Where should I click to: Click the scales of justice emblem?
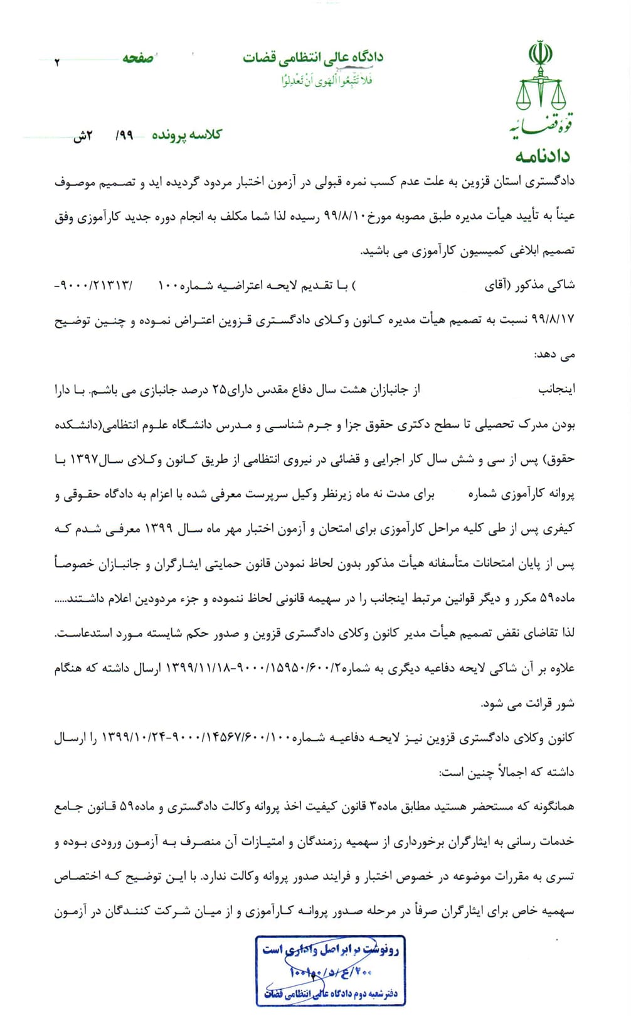click(x=540, y=88)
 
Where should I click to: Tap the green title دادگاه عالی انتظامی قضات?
click(x=313, y=58)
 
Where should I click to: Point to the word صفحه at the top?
click(x=138, y=58)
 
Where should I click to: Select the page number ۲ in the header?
click(x=57, y=62)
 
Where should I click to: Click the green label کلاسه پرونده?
click(x=187, y=135)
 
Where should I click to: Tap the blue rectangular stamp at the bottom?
click(x=330, y=971)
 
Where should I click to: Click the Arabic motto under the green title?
click(x=326, y=80)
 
